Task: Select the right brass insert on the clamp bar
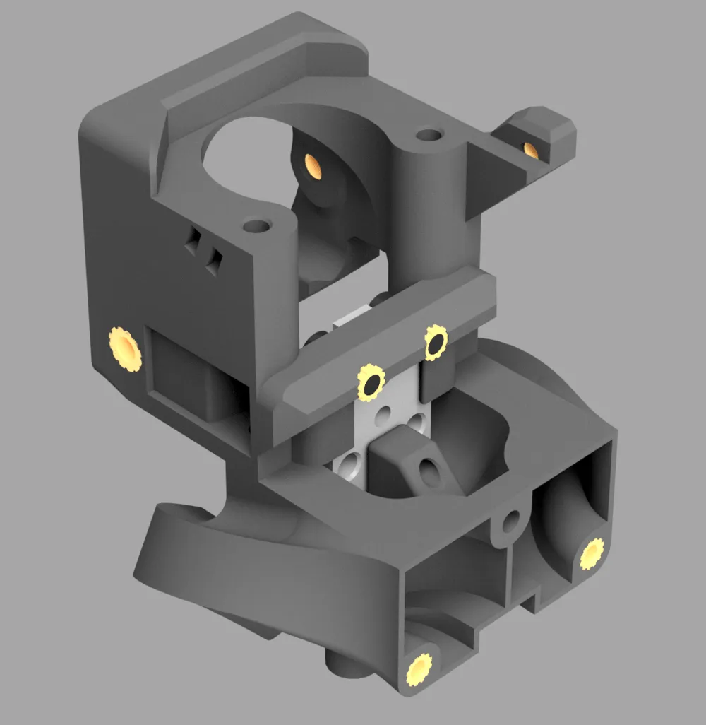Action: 436,343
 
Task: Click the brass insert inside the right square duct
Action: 592,555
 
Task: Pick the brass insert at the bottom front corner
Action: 419,667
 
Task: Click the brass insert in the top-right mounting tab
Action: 529,148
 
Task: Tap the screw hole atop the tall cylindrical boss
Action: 426,134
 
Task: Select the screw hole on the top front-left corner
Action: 256,227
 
